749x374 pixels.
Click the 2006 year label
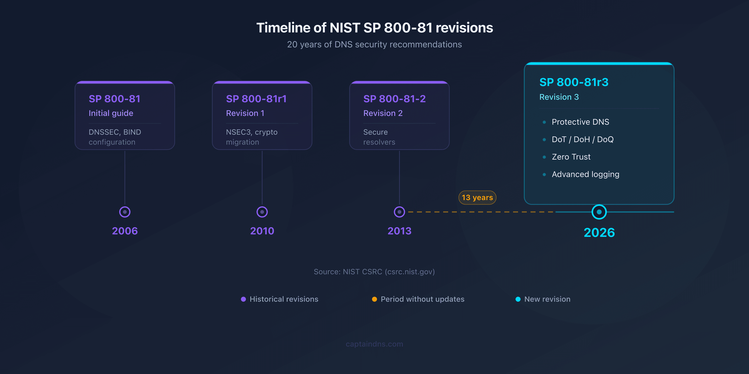[125, 231]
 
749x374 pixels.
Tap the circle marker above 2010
[262, 212]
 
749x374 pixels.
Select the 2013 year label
[399, 231]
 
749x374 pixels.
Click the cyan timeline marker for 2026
[599, 212]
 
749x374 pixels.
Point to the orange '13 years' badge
[477, 197]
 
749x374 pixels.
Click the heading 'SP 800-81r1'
[256, 99]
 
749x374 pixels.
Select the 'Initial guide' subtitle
[111, 113]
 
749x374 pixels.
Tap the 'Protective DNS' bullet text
[580, 122]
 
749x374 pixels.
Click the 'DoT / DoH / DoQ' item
[582, 139]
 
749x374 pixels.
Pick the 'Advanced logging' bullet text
[585, 174]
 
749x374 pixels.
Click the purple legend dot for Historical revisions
[243, 299]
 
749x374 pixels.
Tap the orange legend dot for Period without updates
[374, 299]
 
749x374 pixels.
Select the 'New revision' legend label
[547, 299]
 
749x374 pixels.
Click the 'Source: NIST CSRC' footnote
[374, 272]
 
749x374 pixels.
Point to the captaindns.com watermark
[374, 344]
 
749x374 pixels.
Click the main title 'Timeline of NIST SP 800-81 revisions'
[374, 28]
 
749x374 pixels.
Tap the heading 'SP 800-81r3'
[574, 82]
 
